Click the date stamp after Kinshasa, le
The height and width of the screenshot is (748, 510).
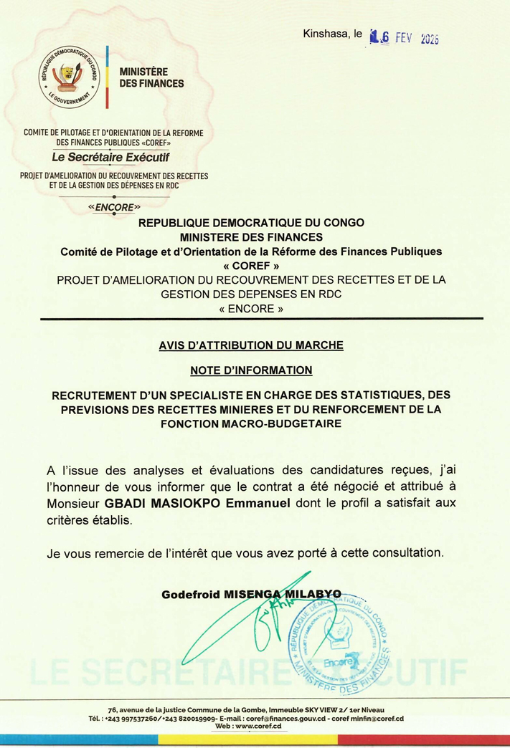pyautogui.click(x=403, y=37)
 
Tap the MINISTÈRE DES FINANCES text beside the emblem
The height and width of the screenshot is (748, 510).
pyautogui.click(x=151, y=77)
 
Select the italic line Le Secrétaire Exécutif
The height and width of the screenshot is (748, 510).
pyautogui.click(x=114, y=157)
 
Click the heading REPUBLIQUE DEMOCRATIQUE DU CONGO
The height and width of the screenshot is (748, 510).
pyautogui.click(x=251, y=223)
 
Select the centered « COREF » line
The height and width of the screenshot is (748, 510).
pyautogui.click(x=251, y=265)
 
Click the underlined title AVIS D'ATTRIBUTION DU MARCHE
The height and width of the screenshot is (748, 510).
pyautogui.click(x=251, y=345)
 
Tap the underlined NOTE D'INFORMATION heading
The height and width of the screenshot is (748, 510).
pyautogui.click(x=251, y=370)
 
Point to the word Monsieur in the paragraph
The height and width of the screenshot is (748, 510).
pyautogui.click(x=74, y=504)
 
